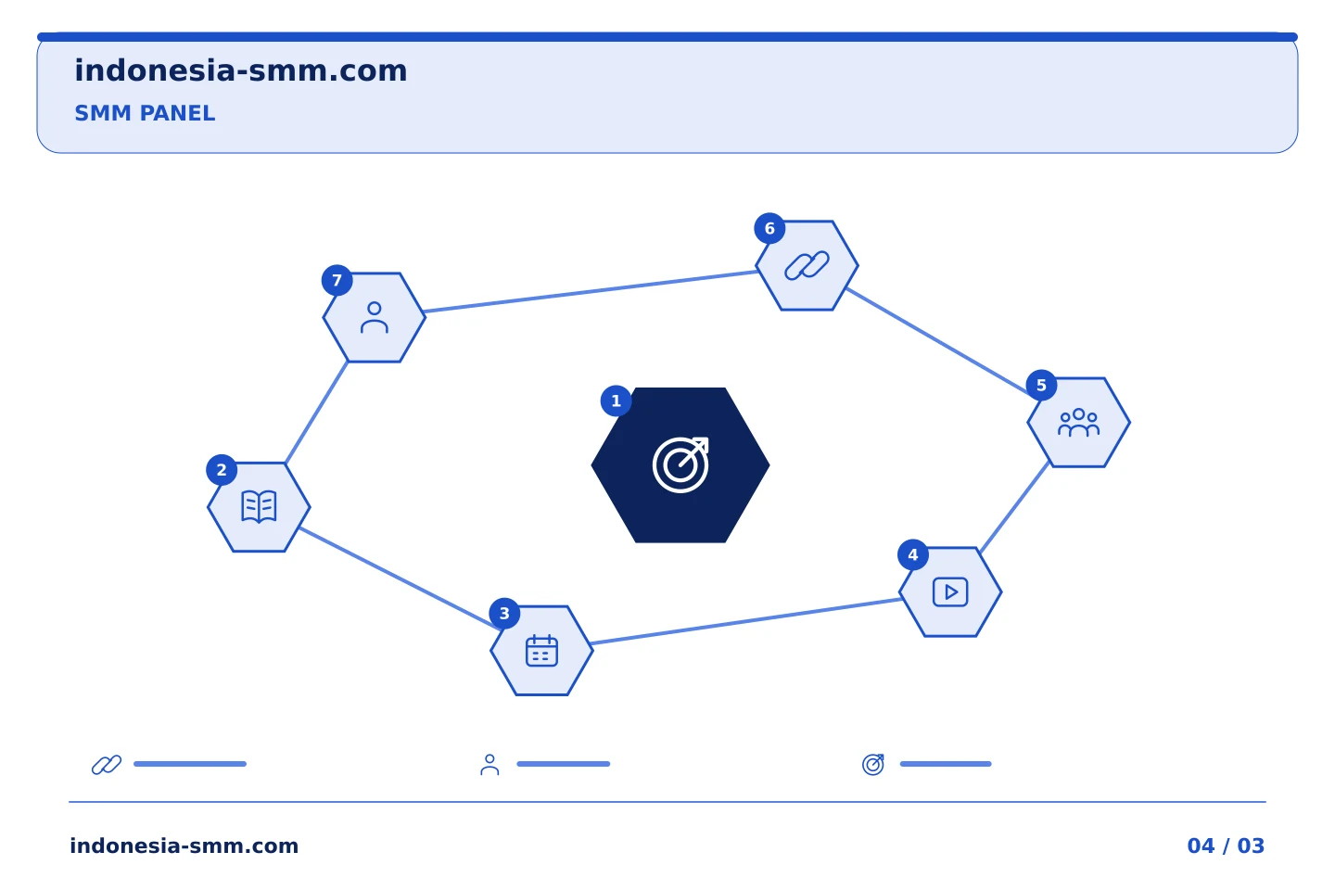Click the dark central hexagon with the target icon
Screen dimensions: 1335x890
click(x=680, y=465)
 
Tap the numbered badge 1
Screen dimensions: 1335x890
click(x=616, y=400)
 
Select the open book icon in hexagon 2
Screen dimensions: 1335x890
click(x=259, y=507)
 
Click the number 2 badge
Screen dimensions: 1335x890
click(x=221, y=470)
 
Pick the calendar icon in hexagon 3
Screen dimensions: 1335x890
click(x=541, y=651)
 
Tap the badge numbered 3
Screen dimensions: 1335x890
click(x=504, y=614)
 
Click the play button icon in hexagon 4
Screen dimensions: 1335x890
click(x=950, y=591)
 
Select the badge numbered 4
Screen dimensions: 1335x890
click(x=912, y=555)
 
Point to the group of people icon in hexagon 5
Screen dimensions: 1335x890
click(x=1078, y=422)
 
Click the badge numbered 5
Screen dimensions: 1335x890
click(x=1041, y=385)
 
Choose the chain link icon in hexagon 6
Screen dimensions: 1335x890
click(x=807, y=265)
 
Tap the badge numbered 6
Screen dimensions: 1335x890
click(x=769, y=228)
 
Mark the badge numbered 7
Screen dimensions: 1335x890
click(x=337, y=280)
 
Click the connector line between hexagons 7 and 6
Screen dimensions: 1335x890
click(x=591, y=291)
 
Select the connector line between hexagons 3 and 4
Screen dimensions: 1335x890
click(x=746, y=622)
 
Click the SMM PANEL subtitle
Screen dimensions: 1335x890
click(x=145, y=113)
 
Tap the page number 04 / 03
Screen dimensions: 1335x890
click(x=1226, y=845)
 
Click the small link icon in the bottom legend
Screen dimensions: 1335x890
click(x=107, y=764)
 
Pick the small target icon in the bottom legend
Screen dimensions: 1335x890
click(x=873, y=764)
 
